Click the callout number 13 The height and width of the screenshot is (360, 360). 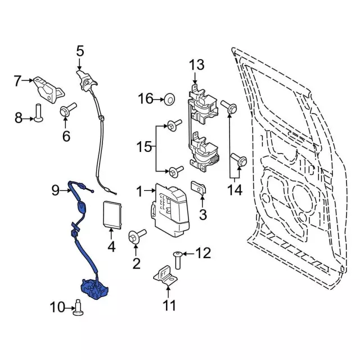coord(197,66)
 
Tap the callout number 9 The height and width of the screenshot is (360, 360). coord(56,190)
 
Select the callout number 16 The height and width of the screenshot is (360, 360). coord(146,100)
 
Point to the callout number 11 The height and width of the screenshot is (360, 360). coord(169,305)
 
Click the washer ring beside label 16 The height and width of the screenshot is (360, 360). coord(168,100)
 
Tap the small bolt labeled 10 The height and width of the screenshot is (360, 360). coord(79,307)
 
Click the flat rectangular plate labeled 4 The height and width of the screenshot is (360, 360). coord(112,214)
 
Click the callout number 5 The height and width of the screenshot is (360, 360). coord(80,52)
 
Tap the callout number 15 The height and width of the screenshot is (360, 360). coord(145,147)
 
